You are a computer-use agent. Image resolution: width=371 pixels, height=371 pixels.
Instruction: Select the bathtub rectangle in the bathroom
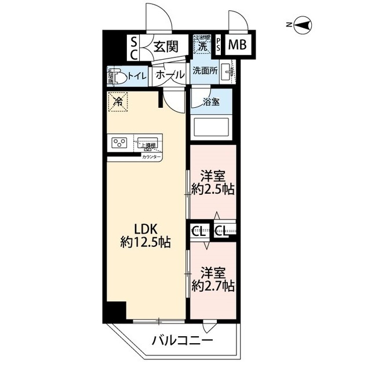click(x=210, y=127)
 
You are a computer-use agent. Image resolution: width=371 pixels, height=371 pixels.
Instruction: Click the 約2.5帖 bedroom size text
click(x=213, y=189)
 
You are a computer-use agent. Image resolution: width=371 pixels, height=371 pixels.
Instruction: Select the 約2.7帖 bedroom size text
click(x=213, y=285)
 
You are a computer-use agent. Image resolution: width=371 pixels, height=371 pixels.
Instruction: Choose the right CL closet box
click(x=221, y=231)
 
